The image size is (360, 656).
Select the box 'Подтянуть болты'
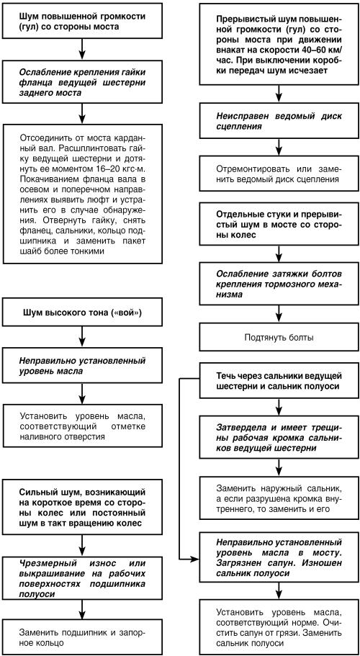click(278, 337)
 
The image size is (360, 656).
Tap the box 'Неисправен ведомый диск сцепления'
click(278, 121)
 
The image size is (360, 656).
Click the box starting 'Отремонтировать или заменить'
click(278, 174)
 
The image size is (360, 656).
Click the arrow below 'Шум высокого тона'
click(82, 335)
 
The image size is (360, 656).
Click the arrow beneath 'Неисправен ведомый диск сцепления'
click(279, 148)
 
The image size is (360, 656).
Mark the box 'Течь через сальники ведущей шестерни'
click(278, 381)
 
